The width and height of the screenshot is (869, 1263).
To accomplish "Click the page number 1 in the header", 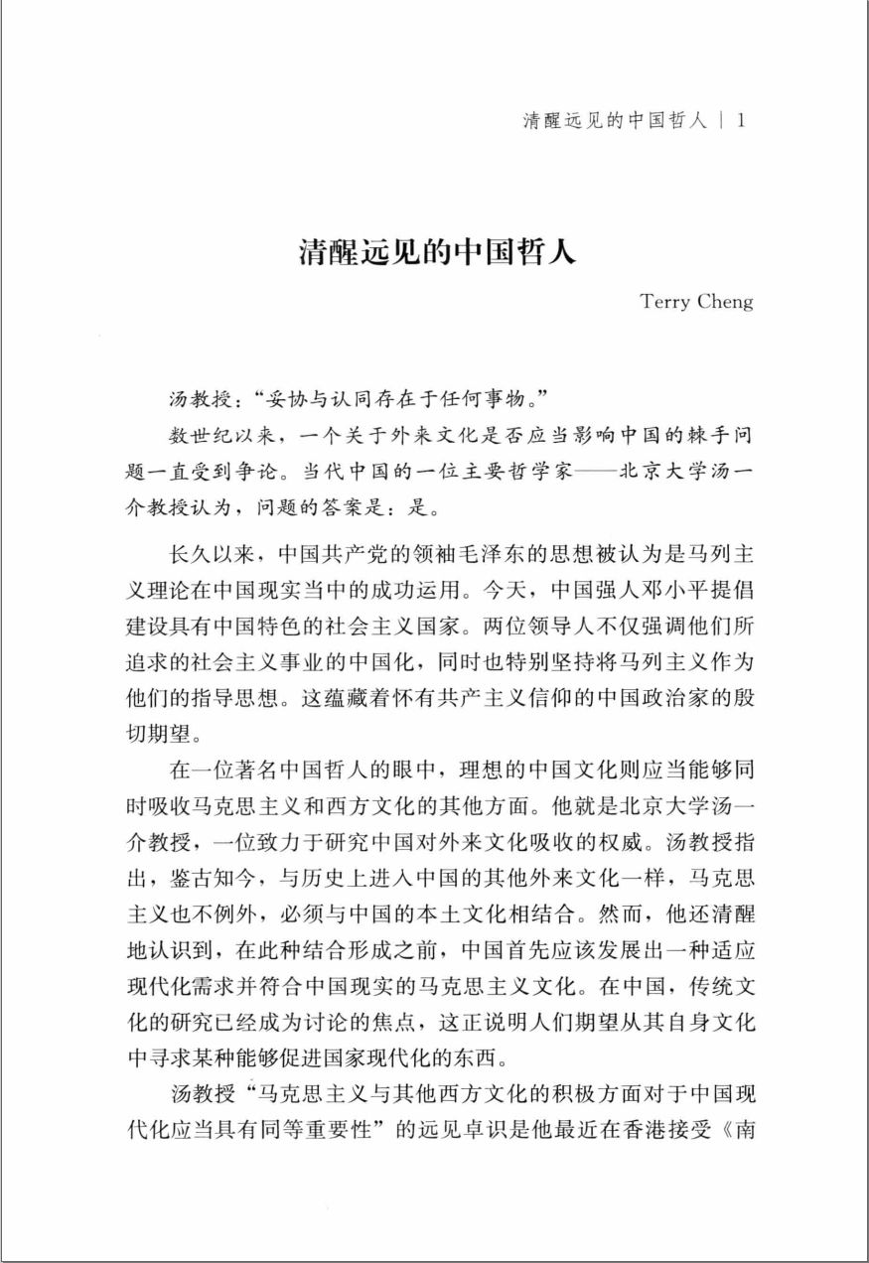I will coord(744,121).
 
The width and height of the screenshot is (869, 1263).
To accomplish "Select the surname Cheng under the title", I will coord(725,303).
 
